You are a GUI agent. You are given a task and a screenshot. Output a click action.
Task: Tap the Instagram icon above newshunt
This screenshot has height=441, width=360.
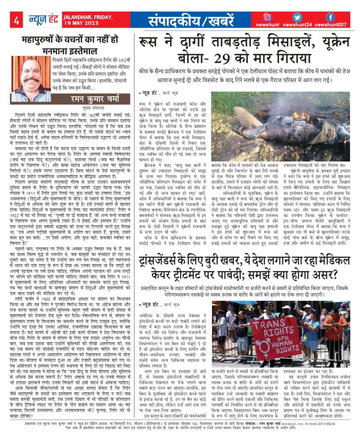click(268, 17)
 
